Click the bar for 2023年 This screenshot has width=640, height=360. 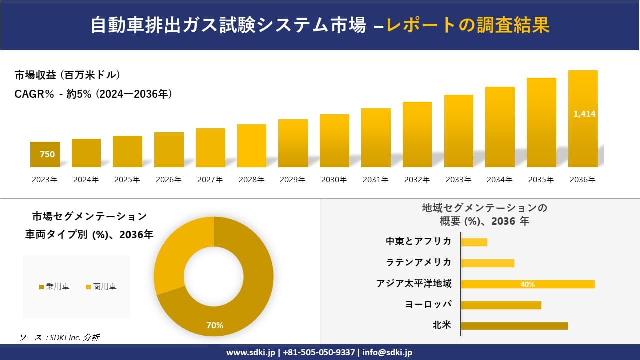coord(45,155)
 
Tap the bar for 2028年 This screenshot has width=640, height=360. coord(252,146)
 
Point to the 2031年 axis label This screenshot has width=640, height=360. coord(375,180)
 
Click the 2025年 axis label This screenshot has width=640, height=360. coord(127,180)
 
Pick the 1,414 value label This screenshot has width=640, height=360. coord(584,114)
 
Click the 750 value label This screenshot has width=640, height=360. coord(47,154)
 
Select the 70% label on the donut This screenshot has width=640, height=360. coord(215,325)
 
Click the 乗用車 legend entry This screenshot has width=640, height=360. coord(54,286)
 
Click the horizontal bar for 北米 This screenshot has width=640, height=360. coord(514,326)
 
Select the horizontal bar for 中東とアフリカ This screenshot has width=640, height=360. coord(474,242)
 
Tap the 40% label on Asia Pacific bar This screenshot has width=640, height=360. coord(527,284)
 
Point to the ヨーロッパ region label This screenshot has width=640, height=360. coord(428,304)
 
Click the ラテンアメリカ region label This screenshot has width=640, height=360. coord(418,262)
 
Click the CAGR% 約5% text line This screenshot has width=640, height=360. coord(94,94)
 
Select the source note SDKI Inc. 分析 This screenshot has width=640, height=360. coord(59,338)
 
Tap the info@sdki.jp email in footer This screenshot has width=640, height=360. coord(388,352)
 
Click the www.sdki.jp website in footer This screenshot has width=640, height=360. coord(250,352)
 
